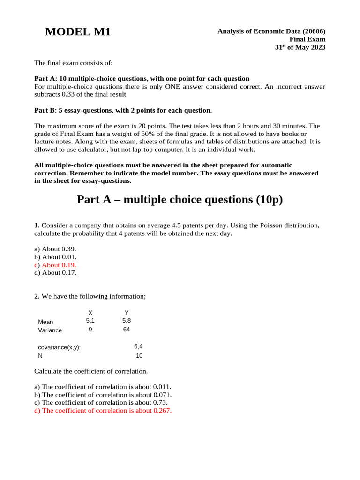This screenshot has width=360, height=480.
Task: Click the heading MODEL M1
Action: tap(78, 32)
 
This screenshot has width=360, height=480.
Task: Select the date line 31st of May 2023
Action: tap(300, 47)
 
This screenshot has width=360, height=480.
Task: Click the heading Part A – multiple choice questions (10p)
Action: tap(180, 200)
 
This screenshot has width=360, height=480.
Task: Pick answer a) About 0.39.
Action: tap(55, 249)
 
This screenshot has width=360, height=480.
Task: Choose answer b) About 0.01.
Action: tap(55, 257)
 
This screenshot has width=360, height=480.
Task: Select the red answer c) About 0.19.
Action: tap(55, 265)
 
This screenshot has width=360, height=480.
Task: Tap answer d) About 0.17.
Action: tap(55, 272)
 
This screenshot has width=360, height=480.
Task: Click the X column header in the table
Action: tap(90, 313)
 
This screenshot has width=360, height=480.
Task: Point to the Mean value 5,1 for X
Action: tap(90, 321)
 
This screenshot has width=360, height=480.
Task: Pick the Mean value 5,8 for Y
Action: tap(127, 321)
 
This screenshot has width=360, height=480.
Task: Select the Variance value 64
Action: tap(127, 330)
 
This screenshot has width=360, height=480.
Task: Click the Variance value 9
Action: tap(90, 330)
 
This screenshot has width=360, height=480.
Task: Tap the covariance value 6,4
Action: tap(138, 346)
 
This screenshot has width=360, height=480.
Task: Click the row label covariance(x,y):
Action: tap(59, 347)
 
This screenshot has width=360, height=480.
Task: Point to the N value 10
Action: tap(139, 356)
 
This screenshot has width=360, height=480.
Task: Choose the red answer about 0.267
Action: tap(103, 411)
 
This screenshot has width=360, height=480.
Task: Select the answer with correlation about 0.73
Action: tap(101, 403)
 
